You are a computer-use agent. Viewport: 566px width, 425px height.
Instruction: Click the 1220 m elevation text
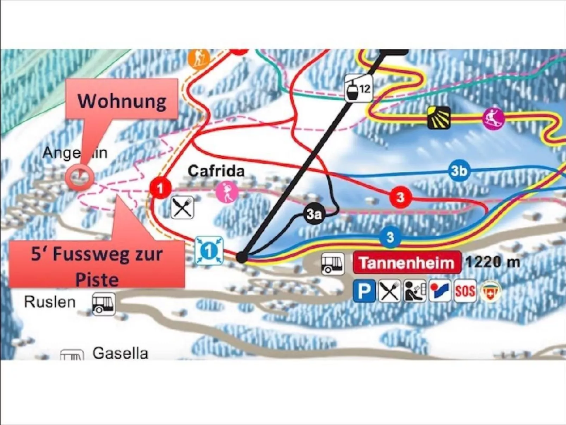click(492, 262)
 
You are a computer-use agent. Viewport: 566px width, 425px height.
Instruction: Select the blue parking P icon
click(364, 291)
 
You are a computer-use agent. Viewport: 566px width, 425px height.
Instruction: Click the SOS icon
click(465, 291)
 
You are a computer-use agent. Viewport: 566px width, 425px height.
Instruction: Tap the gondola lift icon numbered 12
click(358, 88)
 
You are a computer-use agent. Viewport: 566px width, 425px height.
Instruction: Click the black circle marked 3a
click(314, 214)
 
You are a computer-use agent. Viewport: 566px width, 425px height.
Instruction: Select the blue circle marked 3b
click(459, 171)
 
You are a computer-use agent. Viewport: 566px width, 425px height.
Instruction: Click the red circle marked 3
click(400, 197)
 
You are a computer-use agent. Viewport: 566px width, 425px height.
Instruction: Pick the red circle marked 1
click(160, 188)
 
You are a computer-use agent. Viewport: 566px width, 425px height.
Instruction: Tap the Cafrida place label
click(216, 171)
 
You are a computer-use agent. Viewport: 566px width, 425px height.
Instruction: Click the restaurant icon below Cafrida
click(182, 207)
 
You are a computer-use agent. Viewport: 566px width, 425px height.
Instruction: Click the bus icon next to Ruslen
click(103, 304)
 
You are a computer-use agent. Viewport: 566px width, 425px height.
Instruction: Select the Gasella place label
click(120, 353)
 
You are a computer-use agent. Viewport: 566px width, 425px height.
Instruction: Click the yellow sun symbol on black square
click(438, 117)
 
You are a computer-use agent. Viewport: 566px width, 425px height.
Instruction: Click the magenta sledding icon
click(493, 119)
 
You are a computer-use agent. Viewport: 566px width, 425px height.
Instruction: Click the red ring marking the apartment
click(79, 177)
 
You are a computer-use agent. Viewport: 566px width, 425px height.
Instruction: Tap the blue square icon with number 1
click(209, 251)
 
